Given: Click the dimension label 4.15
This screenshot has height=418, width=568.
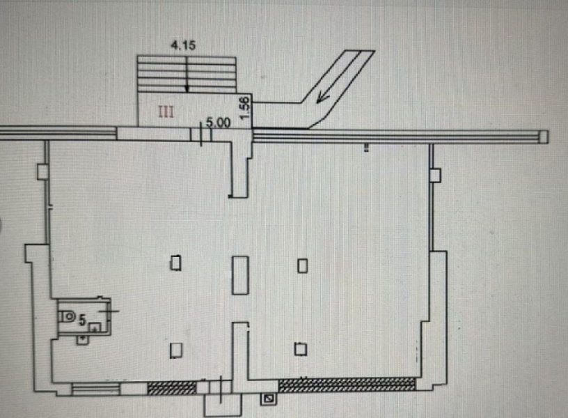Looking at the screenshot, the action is [183, 46].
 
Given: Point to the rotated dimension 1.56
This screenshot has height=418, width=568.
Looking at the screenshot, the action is [245, 107].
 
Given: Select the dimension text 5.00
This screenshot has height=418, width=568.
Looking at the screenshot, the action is [218, 123].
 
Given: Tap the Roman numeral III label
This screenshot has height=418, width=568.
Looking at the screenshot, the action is [166, 112].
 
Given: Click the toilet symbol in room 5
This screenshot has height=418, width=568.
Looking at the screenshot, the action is [68, 316].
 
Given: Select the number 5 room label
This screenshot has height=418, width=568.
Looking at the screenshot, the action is [83, 320].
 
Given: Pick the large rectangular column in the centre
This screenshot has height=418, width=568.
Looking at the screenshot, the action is [241, 275].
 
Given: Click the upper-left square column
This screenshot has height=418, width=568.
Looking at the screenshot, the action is [176, 263].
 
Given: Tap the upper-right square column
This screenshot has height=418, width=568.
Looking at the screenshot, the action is [303, 265].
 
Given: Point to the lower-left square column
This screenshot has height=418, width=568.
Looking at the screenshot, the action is [176, 350].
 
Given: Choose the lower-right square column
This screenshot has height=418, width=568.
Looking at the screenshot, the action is [301, 349].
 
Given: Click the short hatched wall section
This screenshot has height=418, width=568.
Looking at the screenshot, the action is [172, 387].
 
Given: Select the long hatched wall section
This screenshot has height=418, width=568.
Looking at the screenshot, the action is [347, 385].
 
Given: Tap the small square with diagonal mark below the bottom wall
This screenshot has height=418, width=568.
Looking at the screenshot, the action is [269, 399].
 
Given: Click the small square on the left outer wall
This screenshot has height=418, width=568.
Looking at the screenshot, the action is [42, 172].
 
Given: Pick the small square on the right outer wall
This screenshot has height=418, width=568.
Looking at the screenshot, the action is [435, 176].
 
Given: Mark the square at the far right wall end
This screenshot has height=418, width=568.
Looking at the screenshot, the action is [544, 137].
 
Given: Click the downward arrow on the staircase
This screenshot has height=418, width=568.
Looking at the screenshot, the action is [187, 75].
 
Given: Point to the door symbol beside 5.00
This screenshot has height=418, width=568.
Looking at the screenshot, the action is [207, 134].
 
